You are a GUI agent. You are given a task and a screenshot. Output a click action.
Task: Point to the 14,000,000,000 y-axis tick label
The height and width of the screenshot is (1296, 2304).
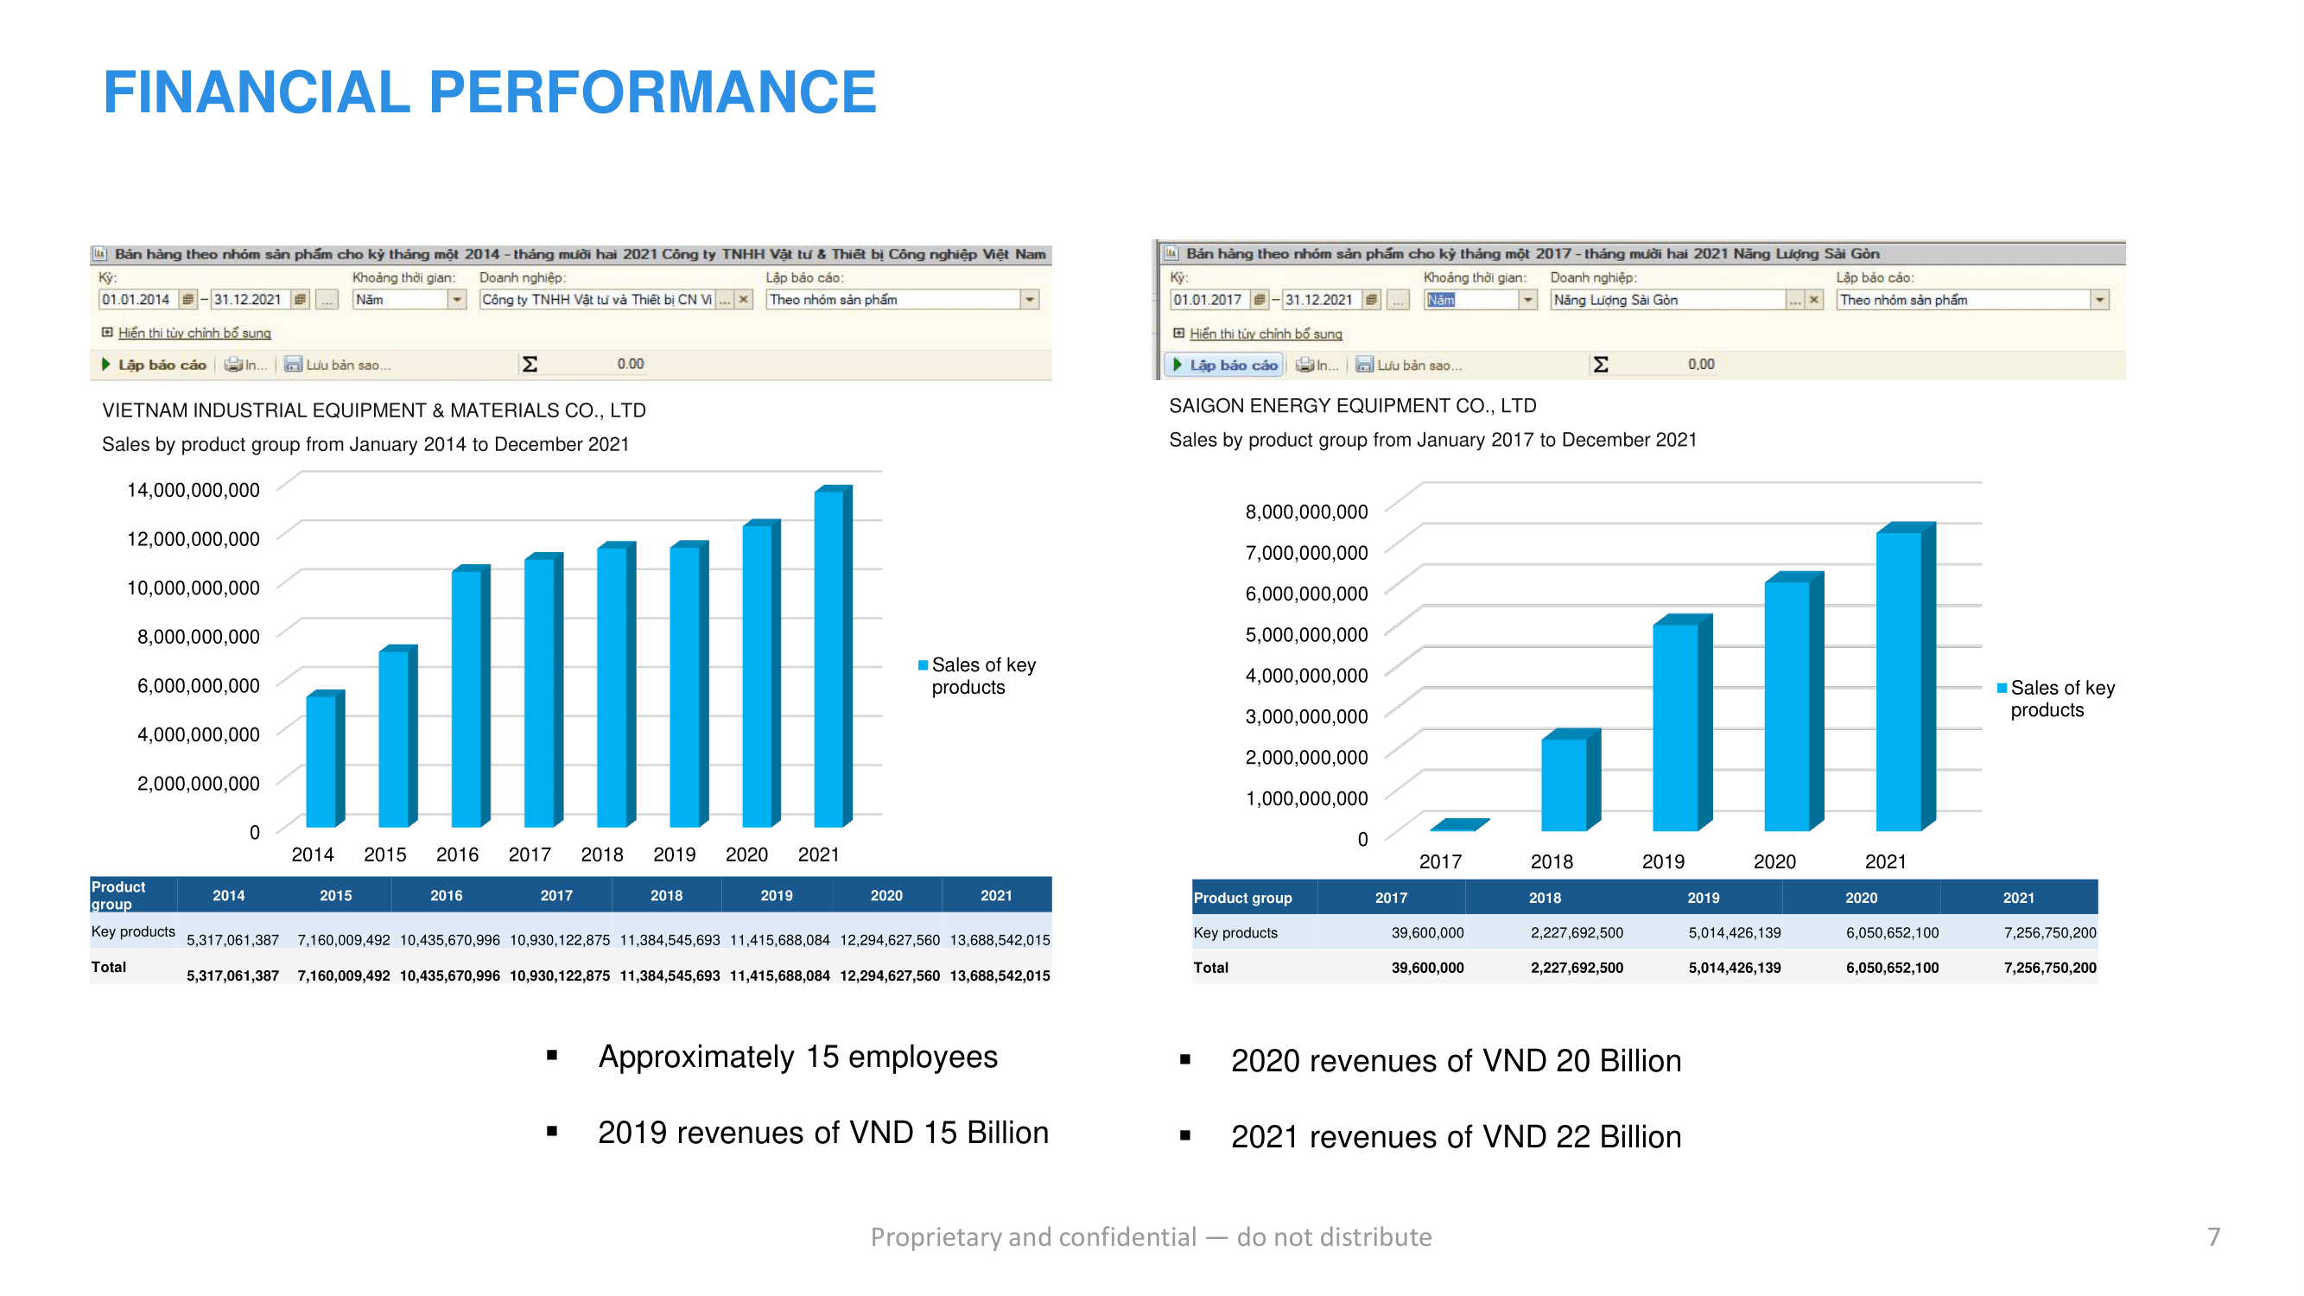coord(194,490)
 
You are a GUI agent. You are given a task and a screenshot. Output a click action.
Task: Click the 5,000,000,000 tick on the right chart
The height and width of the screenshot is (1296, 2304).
coord(1306,635)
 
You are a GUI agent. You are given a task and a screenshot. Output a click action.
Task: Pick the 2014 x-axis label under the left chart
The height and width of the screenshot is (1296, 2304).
coord(312,855)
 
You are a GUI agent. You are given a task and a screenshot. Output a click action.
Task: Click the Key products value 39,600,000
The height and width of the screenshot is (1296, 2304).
coord(1426,933)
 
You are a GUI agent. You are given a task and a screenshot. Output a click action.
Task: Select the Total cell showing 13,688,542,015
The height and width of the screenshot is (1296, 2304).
coord(999,975)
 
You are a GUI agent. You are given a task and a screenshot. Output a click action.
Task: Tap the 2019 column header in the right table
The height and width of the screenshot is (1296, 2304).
coord(1702,898)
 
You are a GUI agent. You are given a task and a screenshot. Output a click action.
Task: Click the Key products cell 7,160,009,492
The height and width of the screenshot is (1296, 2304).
coord(344,940)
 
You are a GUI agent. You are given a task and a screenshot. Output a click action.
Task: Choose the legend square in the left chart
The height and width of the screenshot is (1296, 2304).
coord(922,665)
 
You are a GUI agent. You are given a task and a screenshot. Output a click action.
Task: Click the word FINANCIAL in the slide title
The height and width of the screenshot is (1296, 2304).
coord(257,92)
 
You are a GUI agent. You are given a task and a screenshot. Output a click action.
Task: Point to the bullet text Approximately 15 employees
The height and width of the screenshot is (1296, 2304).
coord(797,1058)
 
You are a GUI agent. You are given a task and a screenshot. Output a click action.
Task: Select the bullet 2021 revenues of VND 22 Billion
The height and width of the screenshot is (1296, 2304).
coord(1455,1137)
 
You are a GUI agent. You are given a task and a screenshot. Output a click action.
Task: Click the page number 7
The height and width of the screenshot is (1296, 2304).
coord(2212,1237)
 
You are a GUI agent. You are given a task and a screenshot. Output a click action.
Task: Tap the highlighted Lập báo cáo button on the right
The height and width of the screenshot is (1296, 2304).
coord(1225,365)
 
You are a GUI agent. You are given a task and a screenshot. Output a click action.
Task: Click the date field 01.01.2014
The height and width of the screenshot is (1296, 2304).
coord(136,300)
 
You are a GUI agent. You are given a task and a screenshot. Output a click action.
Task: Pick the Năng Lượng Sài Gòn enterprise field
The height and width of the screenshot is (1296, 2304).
coord(1667,300)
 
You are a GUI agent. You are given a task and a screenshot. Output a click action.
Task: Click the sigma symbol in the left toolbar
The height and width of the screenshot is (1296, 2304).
coord(530,364)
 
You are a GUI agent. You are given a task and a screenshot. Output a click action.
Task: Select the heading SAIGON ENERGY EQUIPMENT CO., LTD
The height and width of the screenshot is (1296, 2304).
coord(1351,406)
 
